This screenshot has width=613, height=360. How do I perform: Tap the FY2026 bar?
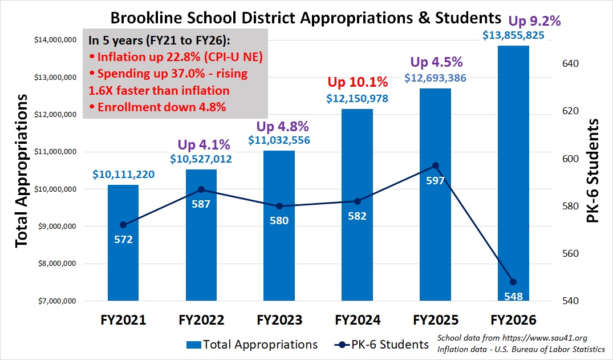click(513, 171)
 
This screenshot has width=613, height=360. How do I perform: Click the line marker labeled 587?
click(201, 189)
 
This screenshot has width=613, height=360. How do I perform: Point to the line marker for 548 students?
click(513, 282)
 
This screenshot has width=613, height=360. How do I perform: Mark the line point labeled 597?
click(436, 165)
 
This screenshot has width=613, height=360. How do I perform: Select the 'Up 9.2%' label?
click(534, 22)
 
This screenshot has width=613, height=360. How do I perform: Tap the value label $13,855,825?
click(513, 35)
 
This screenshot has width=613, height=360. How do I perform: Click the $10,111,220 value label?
click(123, 175)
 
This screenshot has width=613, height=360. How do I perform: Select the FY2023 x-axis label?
click(279, 319)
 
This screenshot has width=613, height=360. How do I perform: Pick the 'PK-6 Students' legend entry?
click(381, 345)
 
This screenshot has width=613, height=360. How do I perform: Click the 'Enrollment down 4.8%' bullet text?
click(157, 107)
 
